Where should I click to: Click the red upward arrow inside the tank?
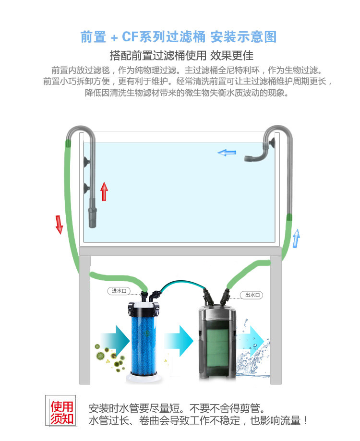pos(104,192)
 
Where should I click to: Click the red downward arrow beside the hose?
pos(59,225)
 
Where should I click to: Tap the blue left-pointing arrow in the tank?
pos(227,153)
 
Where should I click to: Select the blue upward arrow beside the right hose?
pos(296,238)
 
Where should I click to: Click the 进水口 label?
pos(119,291)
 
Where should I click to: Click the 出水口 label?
pos(252,296)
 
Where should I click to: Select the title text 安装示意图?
pos(244,37)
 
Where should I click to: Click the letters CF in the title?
pos(131,37)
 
